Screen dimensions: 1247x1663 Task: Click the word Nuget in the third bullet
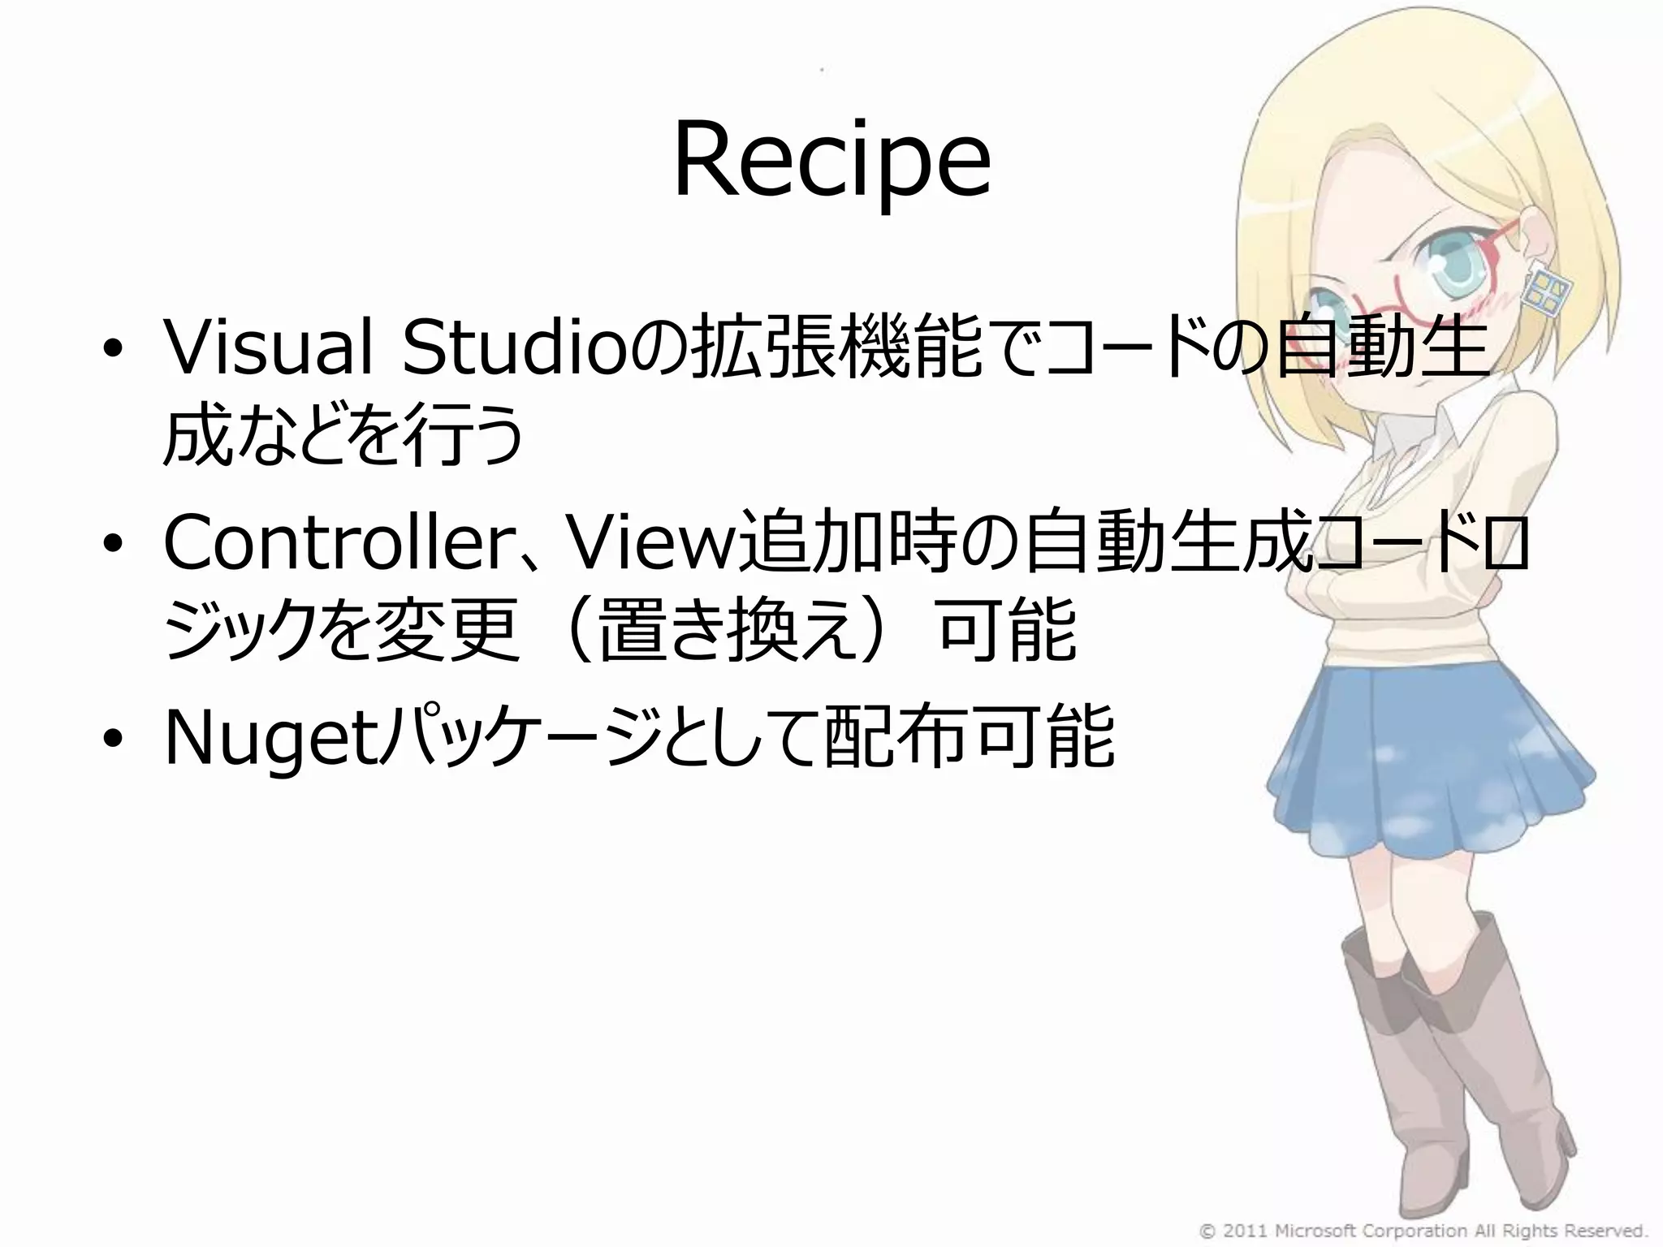click(273, 739)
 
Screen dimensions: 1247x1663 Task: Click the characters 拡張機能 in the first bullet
click(836, 349)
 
